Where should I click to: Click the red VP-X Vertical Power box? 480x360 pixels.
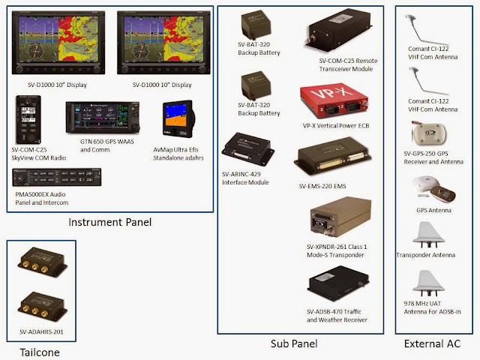(x=334, y=100)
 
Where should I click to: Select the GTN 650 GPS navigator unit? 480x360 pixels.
(x=103, y=118)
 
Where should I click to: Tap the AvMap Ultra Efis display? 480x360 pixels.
(x=178, y=118)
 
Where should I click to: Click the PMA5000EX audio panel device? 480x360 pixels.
(x=57, y=177)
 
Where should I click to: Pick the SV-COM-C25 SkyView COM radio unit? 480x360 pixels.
(x=28, y=119)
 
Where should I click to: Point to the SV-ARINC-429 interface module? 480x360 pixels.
(x=247, y=149)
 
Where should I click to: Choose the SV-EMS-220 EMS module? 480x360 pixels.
(x=333, y=157)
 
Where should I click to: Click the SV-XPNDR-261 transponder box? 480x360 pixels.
(x=340, y=217)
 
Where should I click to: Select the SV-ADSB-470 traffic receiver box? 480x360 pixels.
(x=338, y=283)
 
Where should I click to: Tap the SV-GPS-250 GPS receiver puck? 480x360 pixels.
(x=429, y=133)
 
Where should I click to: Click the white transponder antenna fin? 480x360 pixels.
(x=428, y=235)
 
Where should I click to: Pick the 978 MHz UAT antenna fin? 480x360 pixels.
(x=428, y=283)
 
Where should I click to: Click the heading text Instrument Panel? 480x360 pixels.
(x=110, y=222)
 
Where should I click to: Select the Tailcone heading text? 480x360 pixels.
(x=40, y=352)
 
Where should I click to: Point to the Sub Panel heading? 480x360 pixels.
(x=294, y=343)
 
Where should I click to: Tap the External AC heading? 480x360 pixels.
(x=432, y=343)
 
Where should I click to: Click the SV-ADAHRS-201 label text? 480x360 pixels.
(x=41, y=331)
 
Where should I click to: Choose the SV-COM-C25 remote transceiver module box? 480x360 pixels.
(x=338, y=30)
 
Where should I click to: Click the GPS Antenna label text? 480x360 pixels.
(x=433, y=210)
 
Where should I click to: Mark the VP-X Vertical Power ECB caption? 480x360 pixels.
(x=336, y=126)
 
